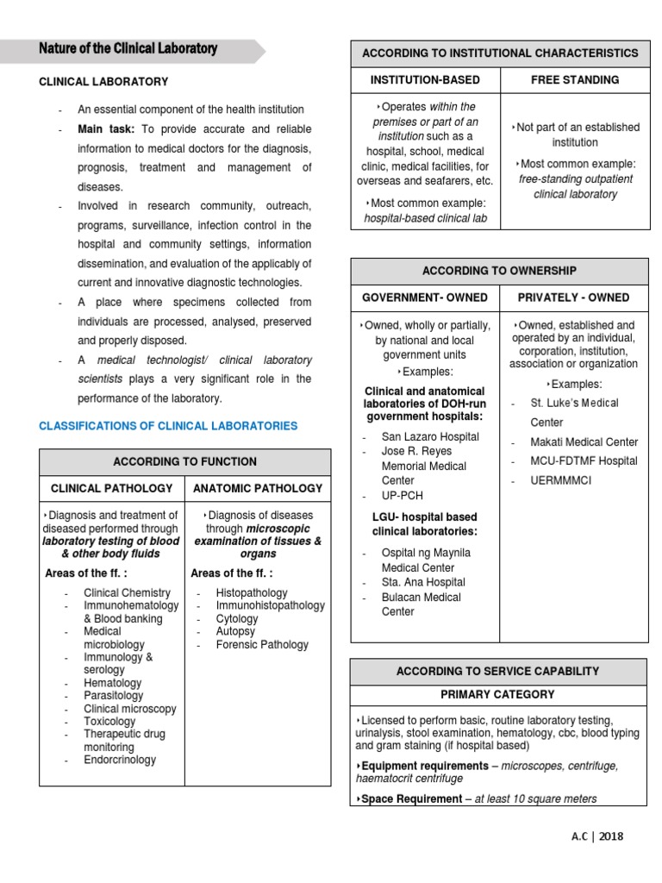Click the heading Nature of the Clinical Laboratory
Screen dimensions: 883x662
(x=128, y=49)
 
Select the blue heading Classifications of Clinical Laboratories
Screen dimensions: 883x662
(x=168, y=426)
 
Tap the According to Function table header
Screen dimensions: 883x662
(x=184, y=461)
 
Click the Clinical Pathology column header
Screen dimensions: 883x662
(x=112, y=488)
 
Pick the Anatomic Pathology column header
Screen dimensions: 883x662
(x=258, y=488)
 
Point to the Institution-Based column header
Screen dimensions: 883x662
(x=425, y=79)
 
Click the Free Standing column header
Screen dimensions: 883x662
(x=575, y=79)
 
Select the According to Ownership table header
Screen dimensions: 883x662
(x=499, y=271)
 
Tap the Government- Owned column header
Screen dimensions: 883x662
(x=424, y=297)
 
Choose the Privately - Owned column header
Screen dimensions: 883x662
(x=573, y=297)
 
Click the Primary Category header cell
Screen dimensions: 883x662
(x=497, y=694)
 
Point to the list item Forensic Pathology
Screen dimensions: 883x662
(x=262, y=644)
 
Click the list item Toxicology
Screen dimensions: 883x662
(x=109, y=721)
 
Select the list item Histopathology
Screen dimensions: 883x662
(x=252, y=593)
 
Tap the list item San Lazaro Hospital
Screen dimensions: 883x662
(x=430, y=436)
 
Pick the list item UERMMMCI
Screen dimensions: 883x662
(x=560, y=480)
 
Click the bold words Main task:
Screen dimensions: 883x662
(x=107, y=129)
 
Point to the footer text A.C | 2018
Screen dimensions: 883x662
(x=597, y=836)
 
